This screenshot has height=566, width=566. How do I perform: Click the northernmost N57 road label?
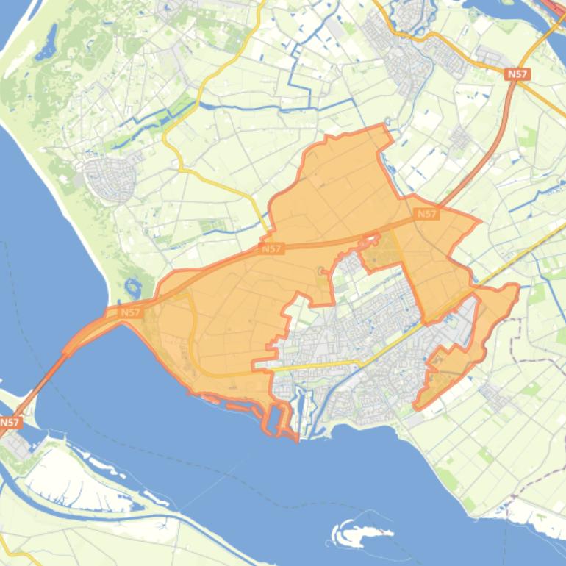(518, 74)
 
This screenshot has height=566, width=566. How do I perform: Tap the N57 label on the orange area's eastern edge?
(426, 214)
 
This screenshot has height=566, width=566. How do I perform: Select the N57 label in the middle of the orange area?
(272, 249)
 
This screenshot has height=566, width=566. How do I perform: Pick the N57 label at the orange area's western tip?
(130, 312)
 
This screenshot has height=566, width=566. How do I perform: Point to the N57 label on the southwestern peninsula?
(10, 423)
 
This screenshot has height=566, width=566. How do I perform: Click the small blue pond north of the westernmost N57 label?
(134, 288)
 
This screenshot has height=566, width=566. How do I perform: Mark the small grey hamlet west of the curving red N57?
(460, 137)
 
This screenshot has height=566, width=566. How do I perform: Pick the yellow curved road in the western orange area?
(193, 338)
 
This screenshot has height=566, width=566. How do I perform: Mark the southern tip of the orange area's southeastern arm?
(418, 405)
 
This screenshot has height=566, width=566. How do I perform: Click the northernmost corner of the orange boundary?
(384, 126)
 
